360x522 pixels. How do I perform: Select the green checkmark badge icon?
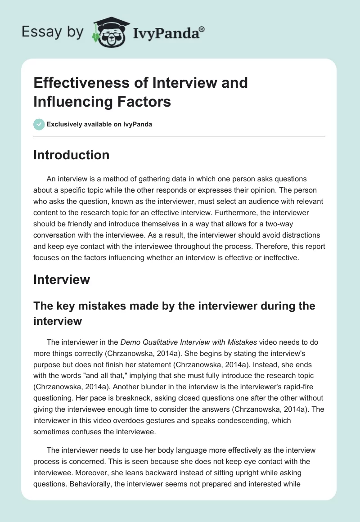pos(39,125)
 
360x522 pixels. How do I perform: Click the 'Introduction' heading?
pos(72,155)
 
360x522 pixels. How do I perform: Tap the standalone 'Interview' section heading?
pos(62,279)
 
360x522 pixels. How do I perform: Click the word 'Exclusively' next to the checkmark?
pos(64,125)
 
